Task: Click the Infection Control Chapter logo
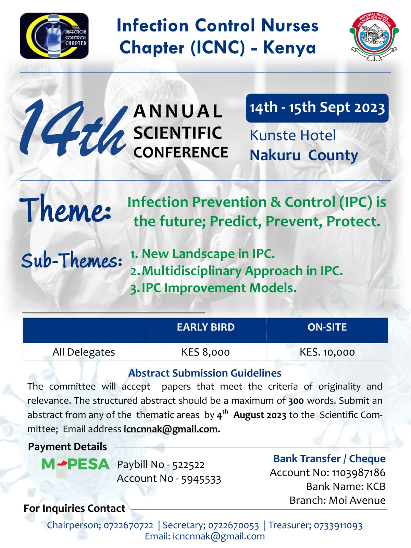tap(54, 36)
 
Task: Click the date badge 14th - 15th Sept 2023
tap(317, 108)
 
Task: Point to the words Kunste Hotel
tap(293, 136)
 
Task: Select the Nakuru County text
tap(304, 155)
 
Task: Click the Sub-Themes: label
tap(72, 261)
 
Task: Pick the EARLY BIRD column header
tap(206, 327)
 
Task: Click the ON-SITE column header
tap(327, 327)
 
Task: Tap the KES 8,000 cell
tap(206, 352)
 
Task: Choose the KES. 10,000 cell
tap(327, 352)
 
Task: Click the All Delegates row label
tap(84, 352)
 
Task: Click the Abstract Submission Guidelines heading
tap(205, 373)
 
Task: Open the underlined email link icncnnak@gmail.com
tap(171, 429)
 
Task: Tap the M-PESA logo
tap(75, 464)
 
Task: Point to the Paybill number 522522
tap(188, 465)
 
